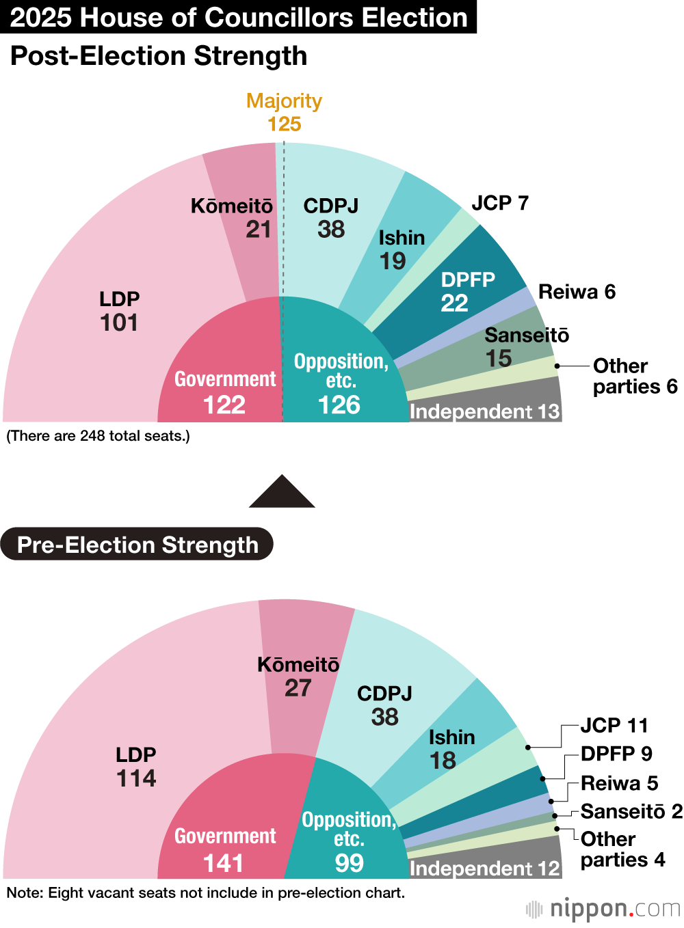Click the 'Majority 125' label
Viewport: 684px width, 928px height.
click(284, 113)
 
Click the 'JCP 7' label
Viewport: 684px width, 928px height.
click(500, 203)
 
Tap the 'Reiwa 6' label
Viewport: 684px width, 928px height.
click(577, 292)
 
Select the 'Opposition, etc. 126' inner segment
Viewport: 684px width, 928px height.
click(340, 383)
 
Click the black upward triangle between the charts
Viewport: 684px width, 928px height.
click(282, 493)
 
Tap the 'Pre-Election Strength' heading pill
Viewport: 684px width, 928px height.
click(137, 545)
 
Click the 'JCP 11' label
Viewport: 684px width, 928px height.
click(614, 725)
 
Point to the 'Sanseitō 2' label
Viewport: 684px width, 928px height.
click(631, 811)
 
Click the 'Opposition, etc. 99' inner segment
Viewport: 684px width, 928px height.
click(348, 841)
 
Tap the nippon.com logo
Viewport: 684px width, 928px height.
click(603, 910)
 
